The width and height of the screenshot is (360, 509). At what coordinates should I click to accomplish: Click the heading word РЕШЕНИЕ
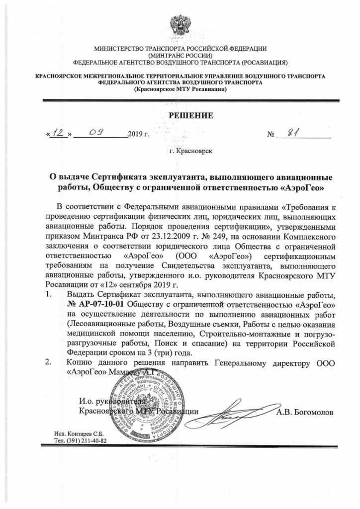click(180, 116)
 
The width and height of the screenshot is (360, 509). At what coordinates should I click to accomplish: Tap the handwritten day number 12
click(59, 133)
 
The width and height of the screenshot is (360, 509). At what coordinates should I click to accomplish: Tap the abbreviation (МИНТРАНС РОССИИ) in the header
click(180, 56)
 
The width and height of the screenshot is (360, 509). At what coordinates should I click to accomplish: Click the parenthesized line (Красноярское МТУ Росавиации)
click(180, 89)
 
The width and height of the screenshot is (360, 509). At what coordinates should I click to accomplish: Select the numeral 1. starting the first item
click(49, 295)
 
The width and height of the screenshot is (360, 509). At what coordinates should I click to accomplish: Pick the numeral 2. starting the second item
click(49, 362)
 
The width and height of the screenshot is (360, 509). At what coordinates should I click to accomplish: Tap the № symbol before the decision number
click(271, 134)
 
